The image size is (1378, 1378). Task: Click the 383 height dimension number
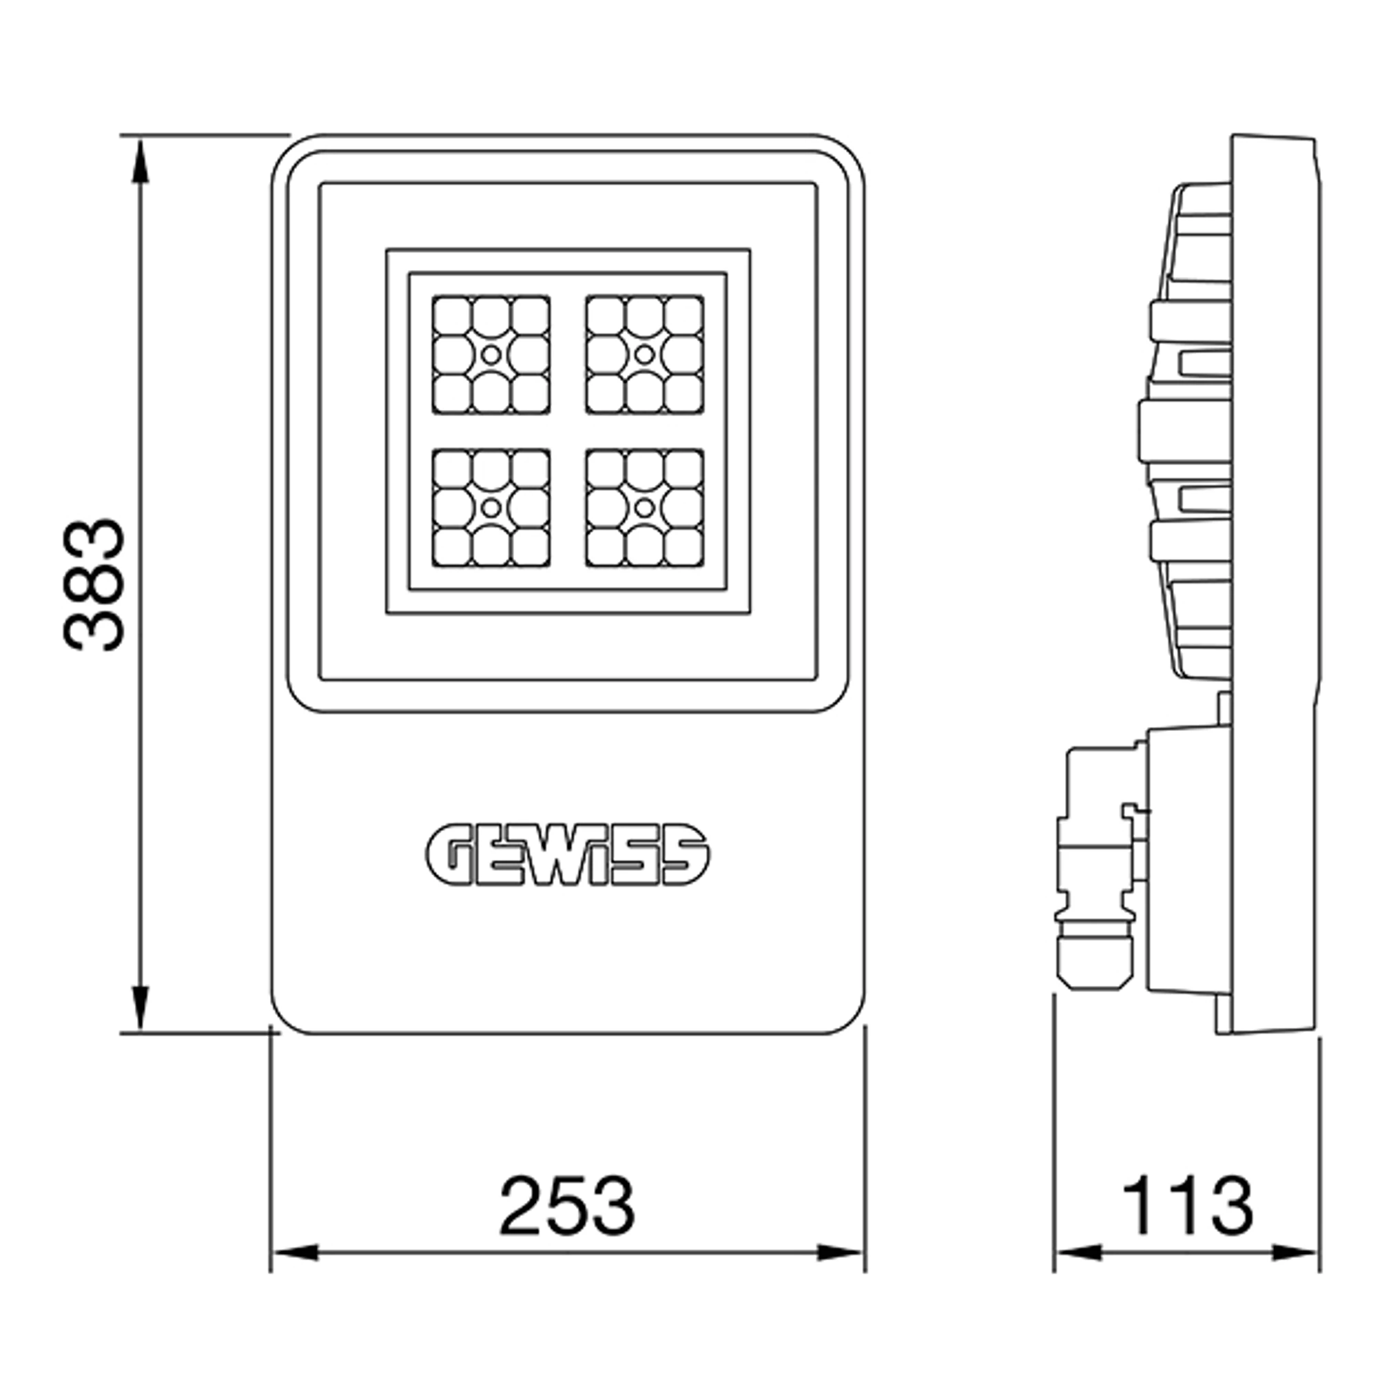click(94, 585)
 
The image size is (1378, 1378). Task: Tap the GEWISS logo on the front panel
click(568, 856)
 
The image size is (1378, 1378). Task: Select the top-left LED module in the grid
click(491, 354)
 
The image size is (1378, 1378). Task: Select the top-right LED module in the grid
click(645, 354)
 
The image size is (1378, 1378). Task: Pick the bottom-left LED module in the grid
click(491, 508)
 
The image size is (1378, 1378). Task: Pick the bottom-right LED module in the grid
click(645, 508)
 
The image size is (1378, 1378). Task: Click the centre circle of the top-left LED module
click(491, 354)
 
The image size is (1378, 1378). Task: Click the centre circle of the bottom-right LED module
click(645, 508)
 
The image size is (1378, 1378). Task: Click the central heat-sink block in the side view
click(1184, 431)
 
